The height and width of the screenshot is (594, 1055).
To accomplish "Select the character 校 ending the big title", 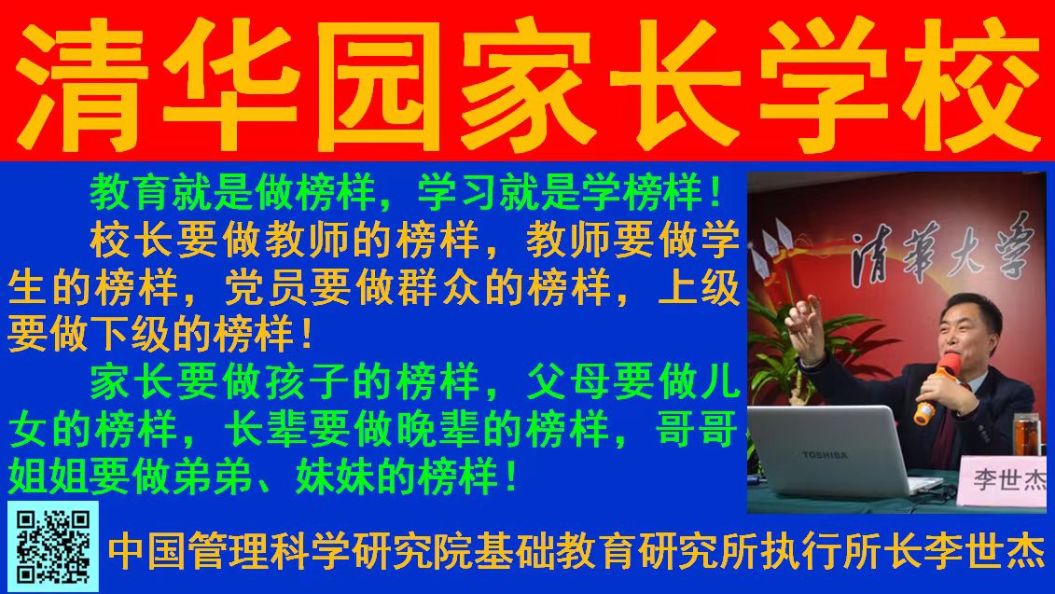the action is click(x=969, y=84).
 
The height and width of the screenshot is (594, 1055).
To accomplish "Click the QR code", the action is click(x=53, y=546).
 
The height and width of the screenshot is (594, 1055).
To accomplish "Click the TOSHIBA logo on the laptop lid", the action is click(x=825, y=455).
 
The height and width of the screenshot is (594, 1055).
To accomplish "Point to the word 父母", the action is click(x=569, y=381).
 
